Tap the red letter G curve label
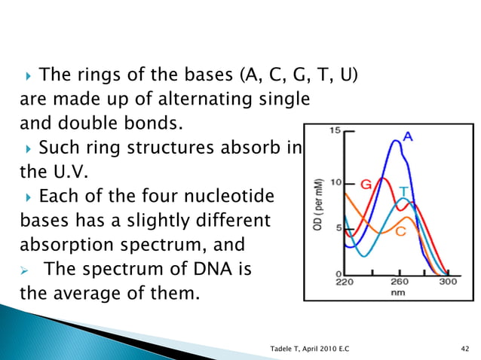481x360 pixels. pyautogui.click(x=366, y=184)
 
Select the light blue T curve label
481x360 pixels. pyautogui.click(x=404, y=192)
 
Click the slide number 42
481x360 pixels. pyautogui.click(x=464, y=346)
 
